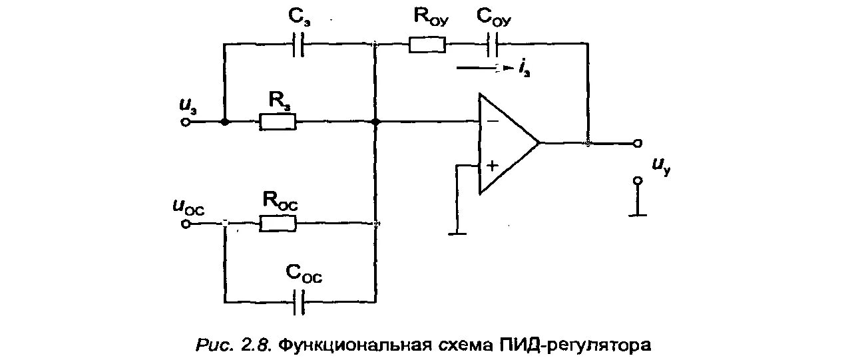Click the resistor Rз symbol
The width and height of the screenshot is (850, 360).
click(x=277, y=122)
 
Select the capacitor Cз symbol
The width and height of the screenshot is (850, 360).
click(x=299, y=46)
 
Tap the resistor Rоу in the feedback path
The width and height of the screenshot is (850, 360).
click(x=427, y=45)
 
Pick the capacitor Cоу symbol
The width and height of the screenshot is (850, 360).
click(x=495, y=45)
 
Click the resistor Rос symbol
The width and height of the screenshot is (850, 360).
click(x=277, y=224)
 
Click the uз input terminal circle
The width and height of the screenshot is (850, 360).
click(x=187, y=122)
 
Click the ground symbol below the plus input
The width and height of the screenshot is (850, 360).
click(x=456, y=232)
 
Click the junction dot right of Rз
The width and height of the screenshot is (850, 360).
click(x=376, y=122)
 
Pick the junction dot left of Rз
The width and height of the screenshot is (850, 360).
click(x=226, y=122)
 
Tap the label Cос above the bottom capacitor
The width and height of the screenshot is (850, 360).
click(x=303, y=273)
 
